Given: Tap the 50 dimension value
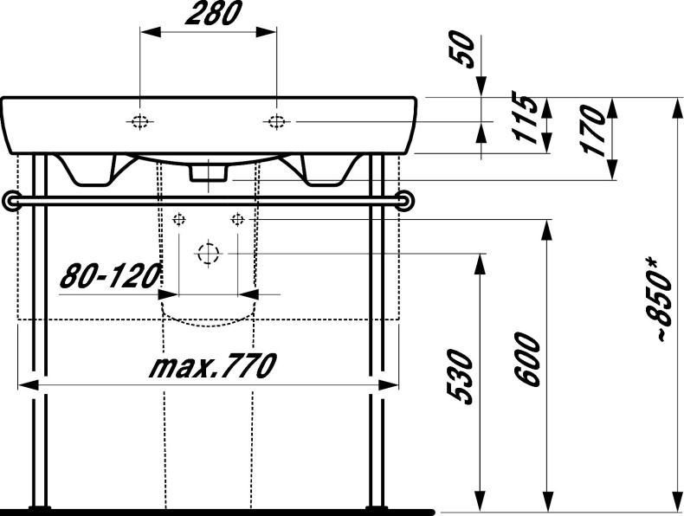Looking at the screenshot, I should coord(464,51).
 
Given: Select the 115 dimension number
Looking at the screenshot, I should coord(521,122).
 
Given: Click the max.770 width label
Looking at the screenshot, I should coord(211,366).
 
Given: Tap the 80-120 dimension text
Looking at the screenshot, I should coord(110,277).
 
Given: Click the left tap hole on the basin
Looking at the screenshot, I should coord(139,121).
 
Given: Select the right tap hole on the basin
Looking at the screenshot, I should coord(276,121).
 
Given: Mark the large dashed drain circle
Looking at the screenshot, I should coord(208,254).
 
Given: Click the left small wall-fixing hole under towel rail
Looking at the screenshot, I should coord(179,218).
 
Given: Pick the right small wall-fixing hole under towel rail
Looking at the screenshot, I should coord(236,218).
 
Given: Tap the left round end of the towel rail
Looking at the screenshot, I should coord(10,200).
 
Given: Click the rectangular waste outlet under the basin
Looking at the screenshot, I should coord(209,172).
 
